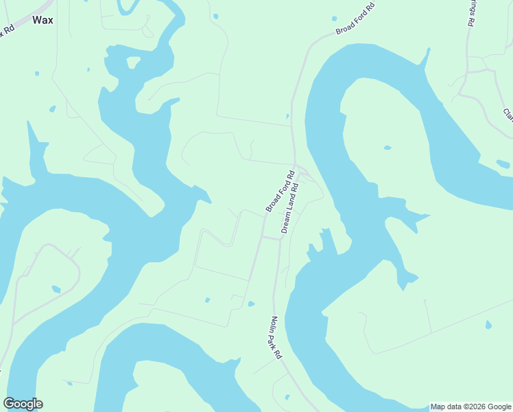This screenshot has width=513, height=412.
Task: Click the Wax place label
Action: tap(43, 20)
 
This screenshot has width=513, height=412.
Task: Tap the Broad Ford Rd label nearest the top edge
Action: tap(356, 20)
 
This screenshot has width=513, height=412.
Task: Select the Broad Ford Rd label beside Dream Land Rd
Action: tap(280, 190)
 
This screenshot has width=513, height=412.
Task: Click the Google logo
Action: tap(23, 404)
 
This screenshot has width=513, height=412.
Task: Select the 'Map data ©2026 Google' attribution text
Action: tap(470, 407)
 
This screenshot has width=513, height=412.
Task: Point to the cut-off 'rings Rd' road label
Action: tap(470, 14)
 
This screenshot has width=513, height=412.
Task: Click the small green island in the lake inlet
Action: tap(132, 62)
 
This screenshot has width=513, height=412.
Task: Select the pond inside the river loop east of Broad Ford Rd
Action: tap(387, 148)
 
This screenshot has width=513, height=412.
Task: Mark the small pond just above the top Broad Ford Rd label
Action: tap(334, 19)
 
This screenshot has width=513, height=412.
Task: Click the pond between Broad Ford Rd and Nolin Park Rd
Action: tap(251, 304)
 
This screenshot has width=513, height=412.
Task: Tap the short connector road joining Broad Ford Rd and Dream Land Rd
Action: tap(271, 238)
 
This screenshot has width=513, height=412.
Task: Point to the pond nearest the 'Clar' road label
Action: tap(503, 163)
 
